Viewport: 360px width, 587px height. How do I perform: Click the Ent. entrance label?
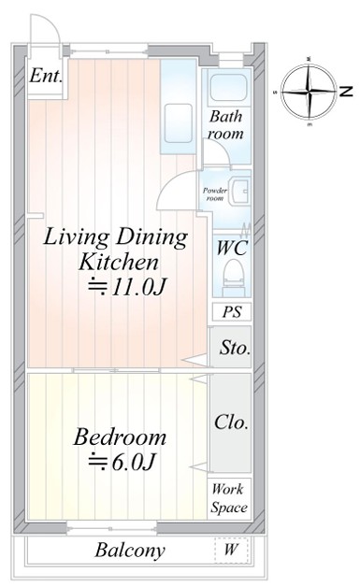[46, 76]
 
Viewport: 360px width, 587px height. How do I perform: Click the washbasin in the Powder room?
[239, 191]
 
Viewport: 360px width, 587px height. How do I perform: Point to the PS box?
[232, 312]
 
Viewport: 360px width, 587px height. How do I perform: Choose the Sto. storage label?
[235, 348]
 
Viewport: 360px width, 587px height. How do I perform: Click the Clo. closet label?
[231, 422]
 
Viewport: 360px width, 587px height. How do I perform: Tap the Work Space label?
[229, 498]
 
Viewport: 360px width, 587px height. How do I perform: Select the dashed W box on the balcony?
[231, 550]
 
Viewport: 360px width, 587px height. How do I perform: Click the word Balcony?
[130, 551]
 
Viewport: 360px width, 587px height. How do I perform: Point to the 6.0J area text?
[122, 462]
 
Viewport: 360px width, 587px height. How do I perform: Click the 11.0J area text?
[126, 287]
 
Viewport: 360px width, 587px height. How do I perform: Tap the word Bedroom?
[120, 437]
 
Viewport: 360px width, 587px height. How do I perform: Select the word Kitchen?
[119, 262]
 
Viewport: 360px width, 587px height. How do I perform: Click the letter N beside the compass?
[346, 92]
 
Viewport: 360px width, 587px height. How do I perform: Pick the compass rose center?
[310, 91]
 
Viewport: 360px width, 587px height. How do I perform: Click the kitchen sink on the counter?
[179, 123]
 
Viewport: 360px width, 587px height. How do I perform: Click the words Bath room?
[226, 124]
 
